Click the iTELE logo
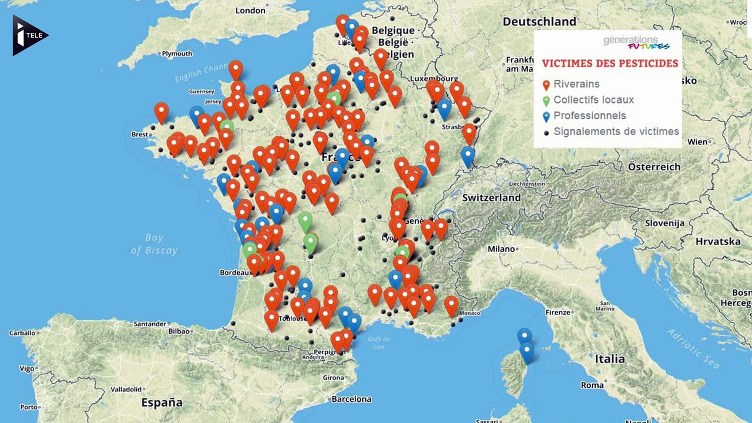click(x=29, y=36)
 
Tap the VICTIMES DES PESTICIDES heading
click(x=610, y=63)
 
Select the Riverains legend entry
click(x=576, y=85)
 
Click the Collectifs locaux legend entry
click(x=593, y=100)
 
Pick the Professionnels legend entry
click(x=589, y=116)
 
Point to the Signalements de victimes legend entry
click(x=616, y=132)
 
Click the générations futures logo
click(x=636, y=42)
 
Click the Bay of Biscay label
click(x=154, y=244)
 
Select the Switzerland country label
click(x=491, y=198)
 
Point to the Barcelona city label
click(x=351, y=399)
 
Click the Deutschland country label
click(x=539, y=22)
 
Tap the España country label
click(x=162, y=403)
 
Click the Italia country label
click(x=609, y=358)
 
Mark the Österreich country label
click(x=654, y=167)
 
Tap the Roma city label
click(x=592, y=385)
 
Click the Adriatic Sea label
click(x=693, y=349)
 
